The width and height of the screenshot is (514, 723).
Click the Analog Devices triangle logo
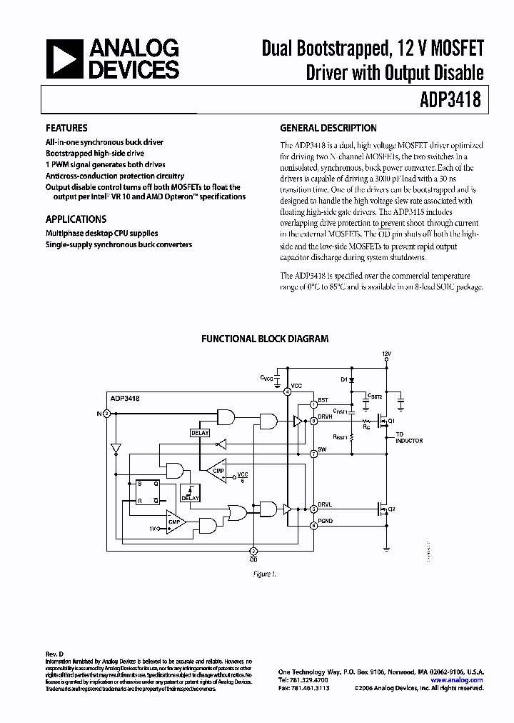62,59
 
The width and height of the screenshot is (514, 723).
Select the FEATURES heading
66,129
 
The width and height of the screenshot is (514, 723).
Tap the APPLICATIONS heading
76,219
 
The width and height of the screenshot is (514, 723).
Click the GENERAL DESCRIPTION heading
328,129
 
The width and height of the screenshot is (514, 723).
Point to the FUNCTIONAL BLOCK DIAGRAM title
265,339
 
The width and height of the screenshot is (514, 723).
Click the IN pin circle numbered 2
106,413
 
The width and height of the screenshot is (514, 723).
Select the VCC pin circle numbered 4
287,392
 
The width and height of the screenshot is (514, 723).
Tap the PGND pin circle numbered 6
313,525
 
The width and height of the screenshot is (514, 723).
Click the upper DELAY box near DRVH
200,433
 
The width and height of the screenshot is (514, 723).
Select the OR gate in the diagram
236,512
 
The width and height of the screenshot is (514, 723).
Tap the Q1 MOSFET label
392,422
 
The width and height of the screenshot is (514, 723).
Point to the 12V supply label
386,354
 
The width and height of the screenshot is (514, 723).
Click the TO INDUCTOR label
409,437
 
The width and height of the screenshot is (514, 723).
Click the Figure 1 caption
264,574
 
